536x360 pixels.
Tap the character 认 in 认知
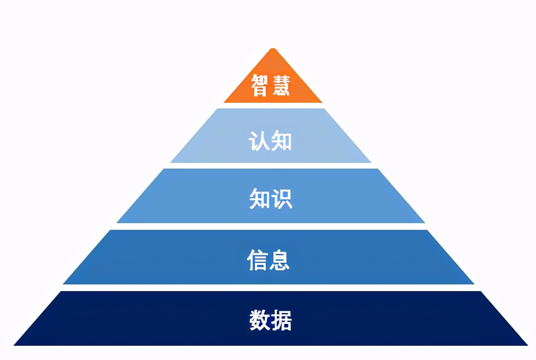click(259, 141)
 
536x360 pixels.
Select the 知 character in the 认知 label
click(281, 141)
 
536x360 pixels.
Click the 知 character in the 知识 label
click(259, 200)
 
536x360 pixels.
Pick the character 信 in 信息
click(258, 260)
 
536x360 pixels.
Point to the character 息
click(280, 260)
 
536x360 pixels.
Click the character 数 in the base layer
click(259, 320)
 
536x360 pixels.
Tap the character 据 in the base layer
click(281, 320)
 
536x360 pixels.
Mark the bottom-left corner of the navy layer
click(15, 345)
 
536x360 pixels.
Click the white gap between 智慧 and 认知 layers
click(272, 106)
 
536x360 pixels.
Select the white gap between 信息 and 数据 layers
click(271, 288)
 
